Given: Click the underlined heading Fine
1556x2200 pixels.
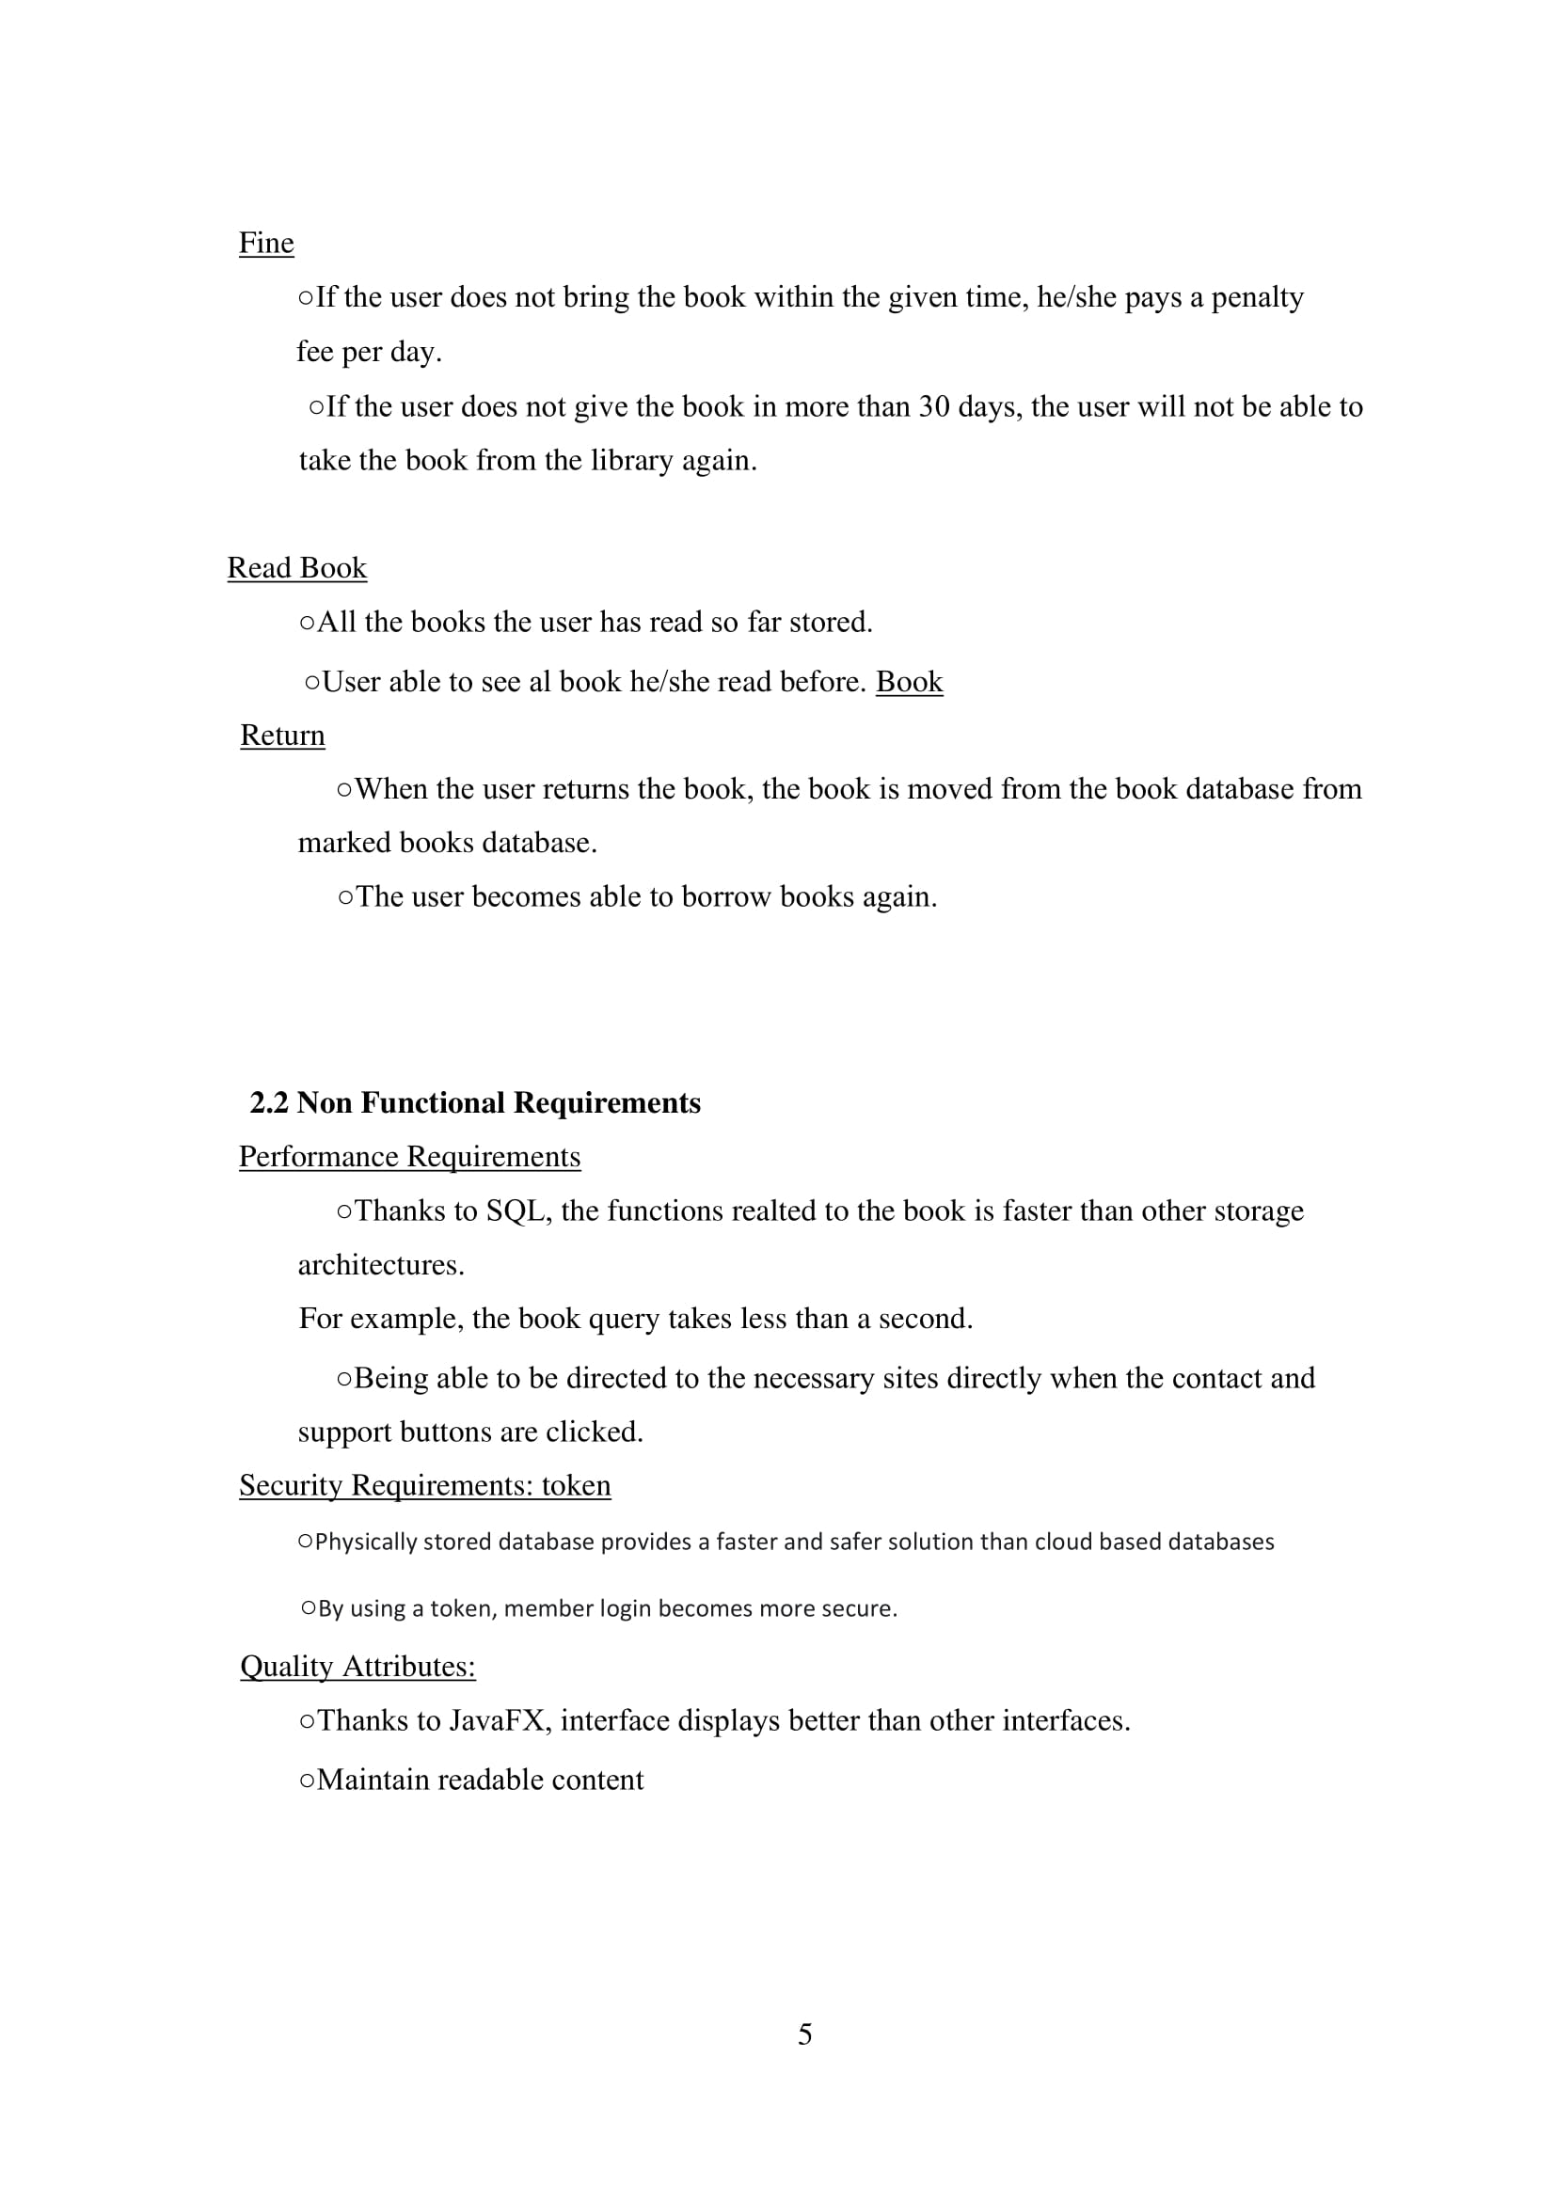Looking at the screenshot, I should pos(265,244).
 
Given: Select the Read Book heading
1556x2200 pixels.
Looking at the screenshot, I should pos(297,568).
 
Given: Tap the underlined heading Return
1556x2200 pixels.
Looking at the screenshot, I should pos(281,735).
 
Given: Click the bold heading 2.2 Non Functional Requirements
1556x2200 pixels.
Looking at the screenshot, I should pos(475,1103).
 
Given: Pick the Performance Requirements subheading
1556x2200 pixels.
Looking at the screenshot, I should pos(409,1157).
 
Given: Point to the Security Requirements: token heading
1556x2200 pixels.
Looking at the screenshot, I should pos(424,1485).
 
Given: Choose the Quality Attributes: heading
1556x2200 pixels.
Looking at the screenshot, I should pos(357,1667).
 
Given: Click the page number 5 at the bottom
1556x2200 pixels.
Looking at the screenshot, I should pos(805,2034).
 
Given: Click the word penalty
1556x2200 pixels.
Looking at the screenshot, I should pos(1257,298).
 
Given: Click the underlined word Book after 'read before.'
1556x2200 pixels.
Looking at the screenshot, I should pos(910,682).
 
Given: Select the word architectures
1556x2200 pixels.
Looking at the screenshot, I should pos(380,1265).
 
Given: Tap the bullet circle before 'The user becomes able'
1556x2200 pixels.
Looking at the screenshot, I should pos(346,898).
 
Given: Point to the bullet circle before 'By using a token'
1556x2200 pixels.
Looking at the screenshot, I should pos(309,1607).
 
